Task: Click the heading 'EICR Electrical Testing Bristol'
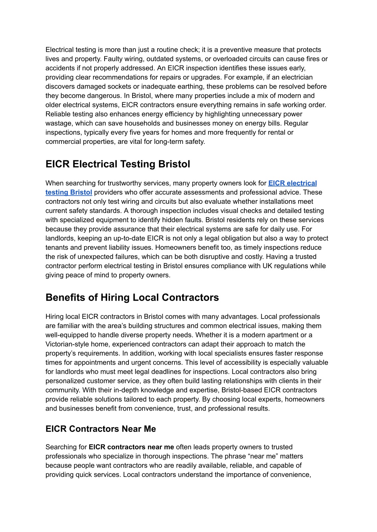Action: pos(118,164)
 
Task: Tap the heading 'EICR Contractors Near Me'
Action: pos(101,429)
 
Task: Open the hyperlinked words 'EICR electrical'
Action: pos(292,183)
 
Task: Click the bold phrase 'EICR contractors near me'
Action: pos(131,447)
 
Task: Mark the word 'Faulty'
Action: pos(114,59)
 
